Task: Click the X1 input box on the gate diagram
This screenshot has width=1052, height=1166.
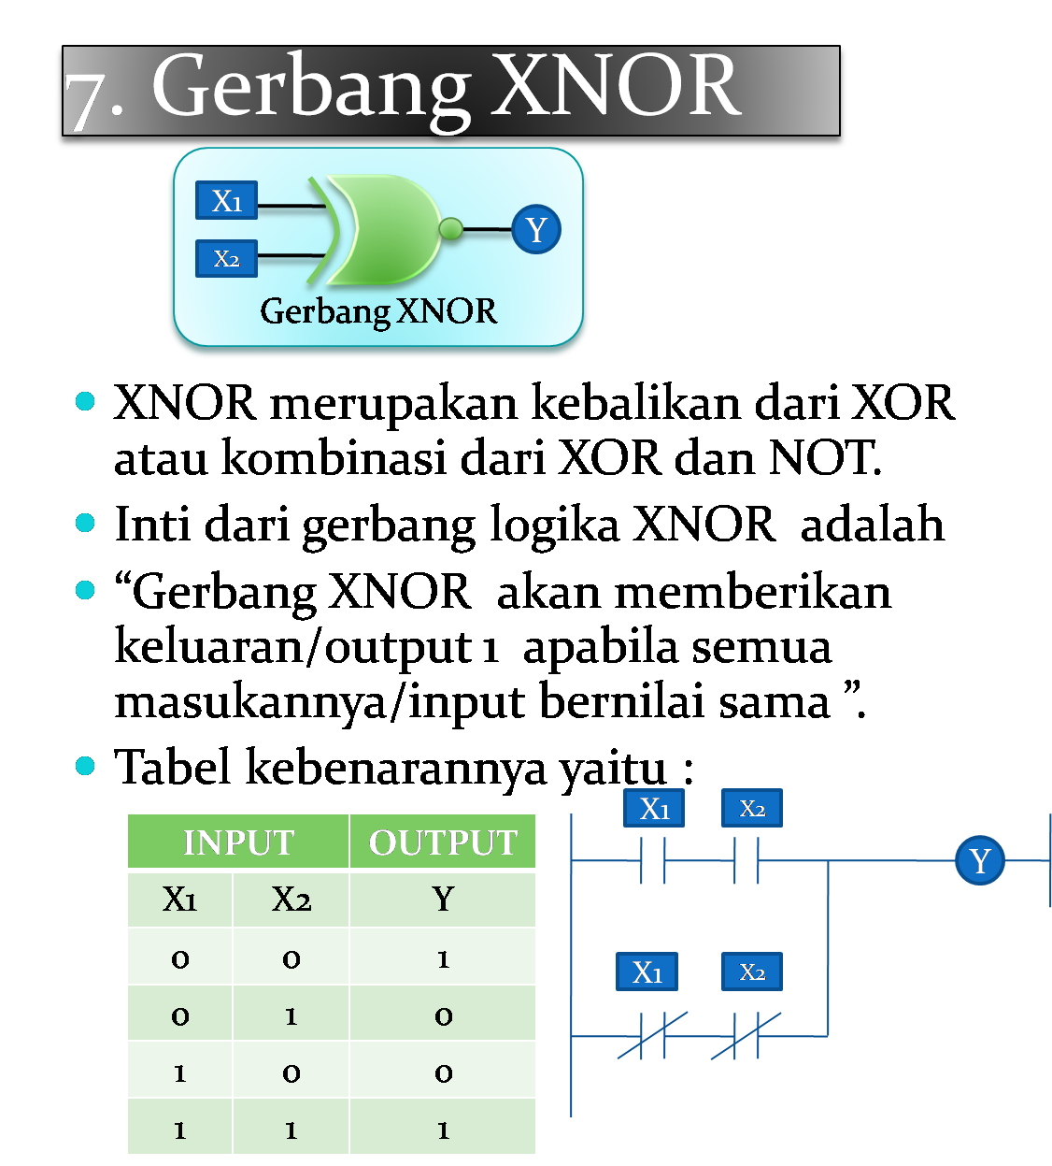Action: pos(226,201)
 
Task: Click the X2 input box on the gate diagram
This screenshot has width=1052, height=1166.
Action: pos(226,259)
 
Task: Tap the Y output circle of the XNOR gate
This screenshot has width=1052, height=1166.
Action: pos(536,229)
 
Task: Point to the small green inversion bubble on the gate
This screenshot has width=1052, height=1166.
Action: pos(450,228)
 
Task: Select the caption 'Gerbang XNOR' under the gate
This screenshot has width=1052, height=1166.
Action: pos(378,311)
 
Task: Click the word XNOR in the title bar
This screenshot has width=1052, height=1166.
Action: pos(617,86)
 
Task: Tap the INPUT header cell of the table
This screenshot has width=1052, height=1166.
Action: pos(238,842)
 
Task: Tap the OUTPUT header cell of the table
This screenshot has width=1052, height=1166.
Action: pos(443,842)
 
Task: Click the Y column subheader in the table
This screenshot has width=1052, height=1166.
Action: pos(443,900)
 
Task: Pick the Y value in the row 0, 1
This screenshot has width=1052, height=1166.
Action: pos(443,1016)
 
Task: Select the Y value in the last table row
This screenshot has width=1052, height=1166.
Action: pos(443,1130)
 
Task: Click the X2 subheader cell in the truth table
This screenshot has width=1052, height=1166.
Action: pos(291,900)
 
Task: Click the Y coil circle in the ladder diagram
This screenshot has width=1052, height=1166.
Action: pos(979,860)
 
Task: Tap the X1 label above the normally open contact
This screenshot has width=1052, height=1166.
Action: pos(654,809)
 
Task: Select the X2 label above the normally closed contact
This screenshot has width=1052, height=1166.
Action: pos(751,972)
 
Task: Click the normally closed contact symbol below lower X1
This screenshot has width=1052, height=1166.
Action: pos(652,1036)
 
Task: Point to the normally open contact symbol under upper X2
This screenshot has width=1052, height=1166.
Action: pos(746,860)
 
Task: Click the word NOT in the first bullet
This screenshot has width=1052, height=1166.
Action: pos(822,458)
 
